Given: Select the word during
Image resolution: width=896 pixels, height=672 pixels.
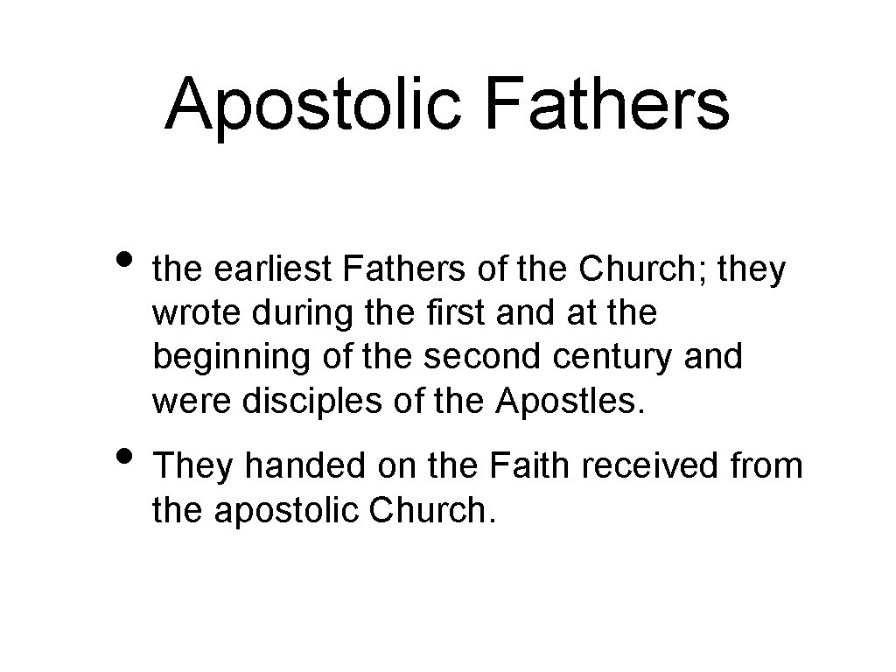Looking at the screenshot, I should (276, 313).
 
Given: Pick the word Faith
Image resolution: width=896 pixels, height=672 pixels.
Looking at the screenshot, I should (528, 466).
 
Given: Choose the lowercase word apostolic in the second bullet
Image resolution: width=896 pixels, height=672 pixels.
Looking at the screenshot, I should (289, 509).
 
